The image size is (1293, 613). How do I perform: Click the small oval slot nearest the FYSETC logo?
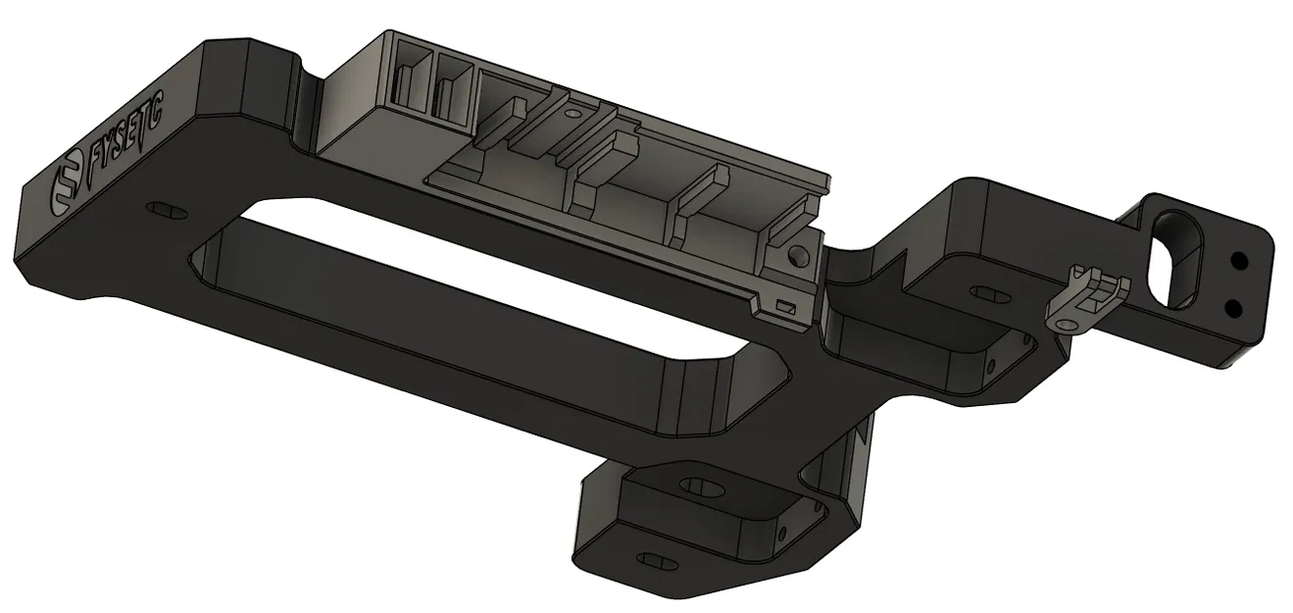[166, 211]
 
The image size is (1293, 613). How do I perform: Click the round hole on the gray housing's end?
[798, 256]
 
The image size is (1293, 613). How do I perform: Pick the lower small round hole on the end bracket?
[1232, 310]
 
